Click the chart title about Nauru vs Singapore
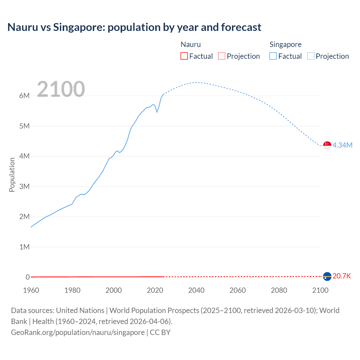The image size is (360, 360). click(134, 27)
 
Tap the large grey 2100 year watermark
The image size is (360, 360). click(61, 89)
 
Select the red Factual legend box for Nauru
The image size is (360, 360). click(184, 56)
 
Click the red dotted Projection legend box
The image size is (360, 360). click(222, 56)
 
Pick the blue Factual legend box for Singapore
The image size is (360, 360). click(273, 56)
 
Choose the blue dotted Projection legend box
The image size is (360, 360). click(310, 56)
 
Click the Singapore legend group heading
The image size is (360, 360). click(285, 44)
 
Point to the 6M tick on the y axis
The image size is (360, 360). click(24, 96)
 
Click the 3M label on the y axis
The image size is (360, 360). click(24, 186)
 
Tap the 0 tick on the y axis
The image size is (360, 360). click(28, 277)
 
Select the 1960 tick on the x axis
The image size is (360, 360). click(31, 290)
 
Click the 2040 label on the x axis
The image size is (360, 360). click(196, 290)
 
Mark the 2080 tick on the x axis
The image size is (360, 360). click(279, 290)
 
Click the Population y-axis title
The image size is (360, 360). click(12, 175)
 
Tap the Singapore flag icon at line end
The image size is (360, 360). click(327, 145)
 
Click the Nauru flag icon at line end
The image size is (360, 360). click(327, 276)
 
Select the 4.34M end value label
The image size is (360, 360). click(342, 145)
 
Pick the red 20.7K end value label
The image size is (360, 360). click(342, 276)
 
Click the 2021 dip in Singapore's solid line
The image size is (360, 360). click(157, 112)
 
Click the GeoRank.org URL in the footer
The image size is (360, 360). click(78, 332)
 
